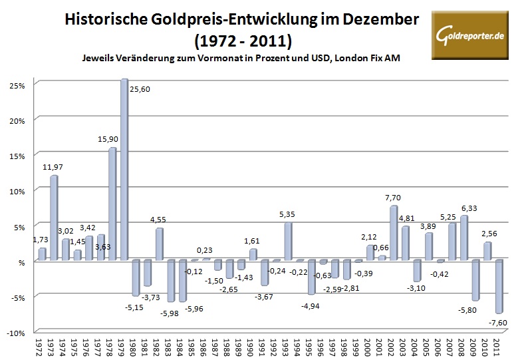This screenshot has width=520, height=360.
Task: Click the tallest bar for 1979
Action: pos(124,170)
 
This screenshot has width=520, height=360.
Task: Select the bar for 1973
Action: pos(53,218)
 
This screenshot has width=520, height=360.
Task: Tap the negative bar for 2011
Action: pos(498,287)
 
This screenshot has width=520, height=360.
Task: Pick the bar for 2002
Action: pos(393,233)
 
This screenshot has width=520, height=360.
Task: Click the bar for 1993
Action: pos(288,242)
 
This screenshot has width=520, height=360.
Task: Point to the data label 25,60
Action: pos(140,89)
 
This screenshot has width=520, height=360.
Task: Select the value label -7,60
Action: pos(497,323)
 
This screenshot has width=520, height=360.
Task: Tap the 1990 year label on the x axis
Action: pos(252,347)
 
